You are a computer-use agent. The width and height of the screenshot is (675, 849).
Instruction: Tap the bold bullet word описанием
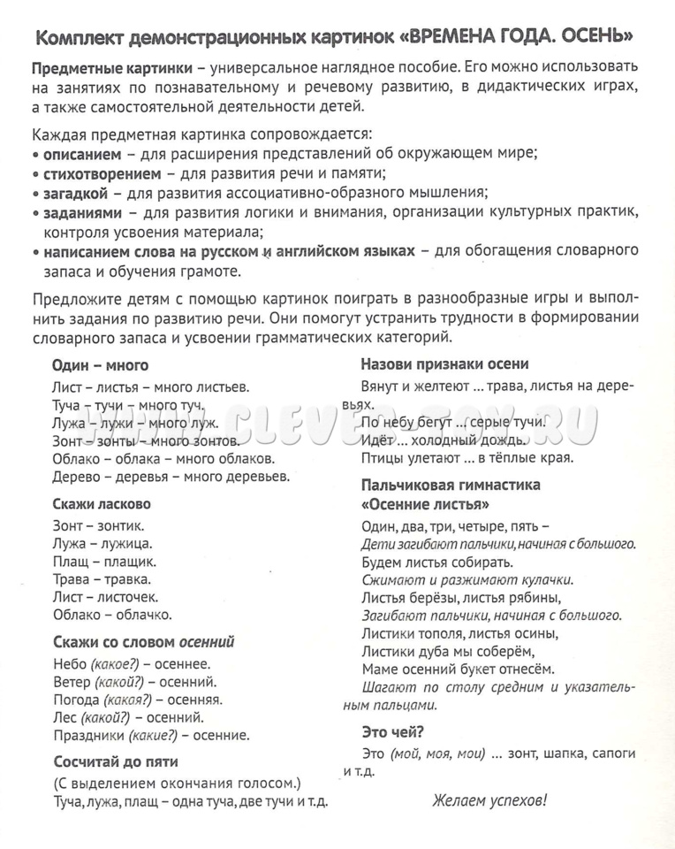click(81, 151)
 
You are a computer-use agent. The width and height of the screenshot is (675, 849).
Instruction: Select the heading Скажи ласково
click(102, 503)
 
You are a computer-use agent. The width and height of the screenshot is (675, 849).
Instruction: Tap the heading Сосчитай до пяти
click(115, 760)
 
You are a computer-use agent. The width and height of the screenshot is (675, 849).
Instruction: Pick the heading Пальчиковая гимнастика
click(451, 485)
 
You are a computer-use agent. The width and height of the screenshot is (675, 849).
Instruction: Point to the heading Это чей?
click(392, 730)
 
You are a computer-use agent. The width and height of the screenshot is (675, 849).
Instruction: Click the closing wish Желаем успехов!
click(489, 801)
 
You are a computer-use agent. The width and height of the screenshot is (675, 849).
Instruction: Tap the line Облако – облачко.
click(112, 614)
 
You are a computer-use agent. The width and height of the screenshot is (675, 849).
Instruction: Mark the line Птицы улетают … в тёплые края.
click(467, 457)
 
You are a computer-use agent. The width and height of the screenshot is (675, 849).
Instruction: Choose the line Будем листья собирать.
click(437, 562)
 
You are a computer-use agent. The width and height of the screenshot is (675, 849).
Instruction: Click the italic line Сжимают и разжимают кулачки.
click(467, 580)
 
